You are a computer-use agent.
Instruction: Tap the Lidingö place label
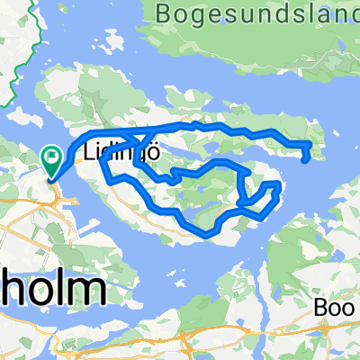(x=123, y=153)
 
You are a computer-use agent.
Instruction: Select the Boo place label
(x=335, y=307)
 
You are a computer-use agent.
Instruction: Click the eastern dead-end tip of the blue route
(x=309, y=162)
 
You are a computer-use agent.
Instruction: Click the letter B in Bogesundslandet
(x=163, y=14)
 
